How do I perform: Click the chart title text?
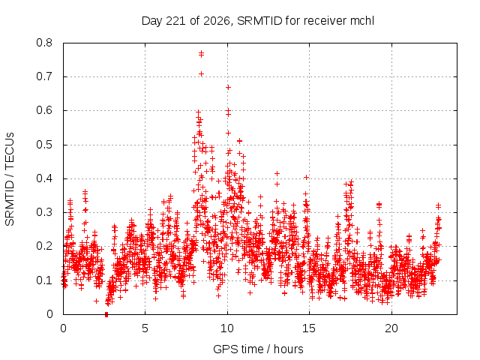pyautogui.click(x=258, y=21)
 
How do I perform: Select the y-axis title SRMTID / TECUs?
pyautogui.click(x=10, y=179)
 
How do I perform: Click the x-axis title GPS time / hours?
pyautogui.click(x=258, y=349)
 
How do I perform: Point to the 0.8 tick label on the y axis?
pyautogui.click(x=44, y=43)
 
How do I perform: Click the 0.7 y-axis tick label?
pyautogui.click(x=44, y=76)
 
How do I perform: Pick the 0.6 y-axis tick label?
pyautogui.click(x=44, y=110)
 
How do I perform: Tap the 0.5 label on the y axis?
pyautogui.click(x=44, y=145)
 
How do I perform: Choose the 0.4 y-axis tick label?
pyautogui.click(x=44, y=178)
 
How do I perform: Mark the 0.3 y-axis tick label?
pyautogui.click(x=44, y=212)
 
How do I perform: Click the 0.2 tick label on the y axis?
pyautogui.click(x=44, y=246)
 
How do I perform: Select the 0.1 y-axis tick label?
pyautogui.click(x=44, y=280)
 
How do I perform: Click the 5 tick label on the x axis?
pyautogui.click(x=145, y=328)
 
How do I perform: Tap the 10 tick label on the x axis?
pyautogui.click(x=227, y=328)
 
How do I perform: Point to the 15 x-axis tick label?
pyautogui.click(x=309, y=328)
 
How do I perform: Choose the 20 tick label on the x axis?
pyautogui.click(x=391, y=328)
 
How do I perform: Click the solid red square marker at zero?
pyautogui.click(x=106, y=314)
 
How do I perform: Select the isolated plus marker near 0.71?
pyautogui.click(x=201, y=73)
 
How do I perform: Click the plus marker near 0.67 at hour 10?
pyautogui.click(x=228, y=88)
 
